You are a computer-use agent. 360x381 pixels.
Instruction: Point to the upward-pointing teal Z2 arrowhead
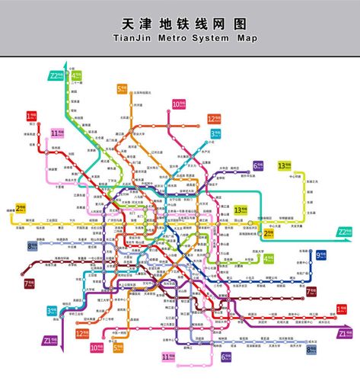(66, 67)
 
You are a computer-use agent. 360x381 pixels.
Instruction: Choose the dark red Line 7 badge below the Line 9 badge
(311, 290)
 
